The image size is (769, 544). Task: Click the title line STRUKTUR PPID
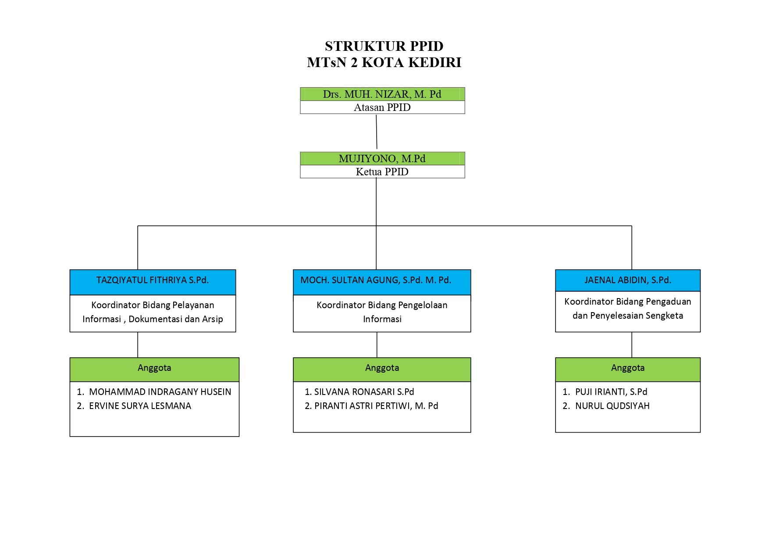pyautogui.click(x=384, y=46)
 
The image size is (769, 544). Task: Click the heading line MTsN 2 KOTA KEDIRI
pyautogui.click(x=384, y=62)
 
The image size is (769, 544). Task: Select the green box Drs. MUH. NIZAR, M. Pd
pyautogui.click(x=382, y=94)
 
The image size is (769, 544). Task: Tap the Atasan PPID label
pyautogui.click(x=382, y=107)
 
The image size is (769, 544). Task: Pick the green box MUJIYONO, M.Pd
pyautogui.click(x=382, y=158)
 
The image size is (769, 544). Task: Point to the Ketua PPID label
pyautogui.click(x=382, y=172)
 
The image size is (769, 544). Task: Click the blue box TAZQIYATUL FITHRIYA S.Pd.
pyautogui.click(x=153, y=282)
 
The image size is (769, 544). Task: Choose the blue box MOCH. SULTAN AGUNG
pyautogui.click(x=382, y=282)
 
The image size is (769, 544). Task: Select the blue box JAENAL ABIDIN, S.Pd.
pyautogui.click(x=628, y=280)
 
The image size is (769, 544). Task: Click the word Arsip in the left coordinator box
pyautogui.click(x=212, y=319)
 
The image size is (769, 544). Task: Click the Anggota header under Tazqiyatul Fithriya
pyautogui.click(x=154, y=368)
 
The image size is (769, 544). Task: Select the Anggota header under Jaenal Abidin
pyautogui.click(x=628, y=368)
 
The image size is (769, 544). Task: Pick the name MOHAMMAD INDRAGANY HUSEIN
pyautogui.click(x=160, y=392)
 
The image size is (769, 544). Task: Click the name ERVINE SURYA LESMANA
pyautogui.click(x=140, y=406)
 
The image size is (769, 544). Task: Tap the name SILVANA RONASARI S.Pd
pyautogui.click(x=364, y=392)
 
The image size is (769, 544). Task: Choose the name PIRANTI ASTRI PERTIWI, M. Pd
pyautogui.click(x=376, y=406)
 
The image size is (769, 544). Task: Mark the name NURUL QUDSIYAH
pyautogui.click(x=612, y=406)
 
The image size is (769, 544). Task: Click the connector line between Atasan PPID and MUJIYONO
pyautogui.click(x=377, y=132)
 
